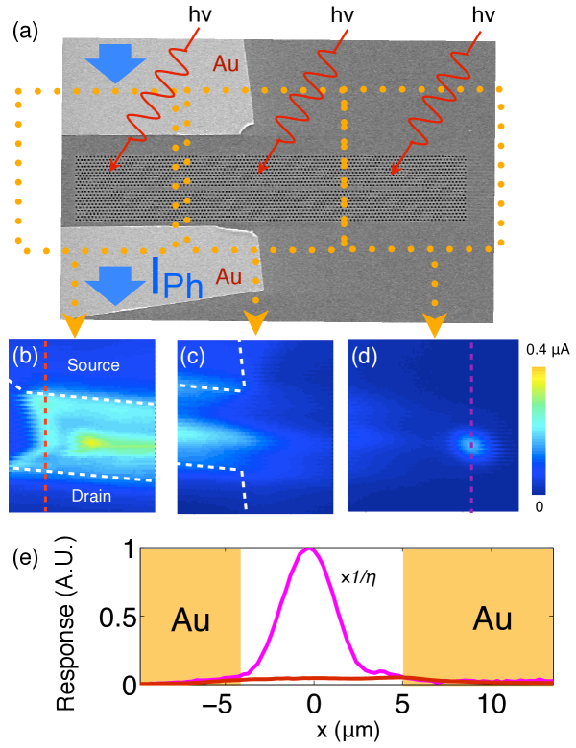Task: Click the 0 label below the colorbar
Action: [x=540, y=504]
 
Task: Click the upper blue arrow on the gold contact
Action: [x=113, y=65]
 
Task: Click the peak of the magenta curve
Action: [x=309, y=549]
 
